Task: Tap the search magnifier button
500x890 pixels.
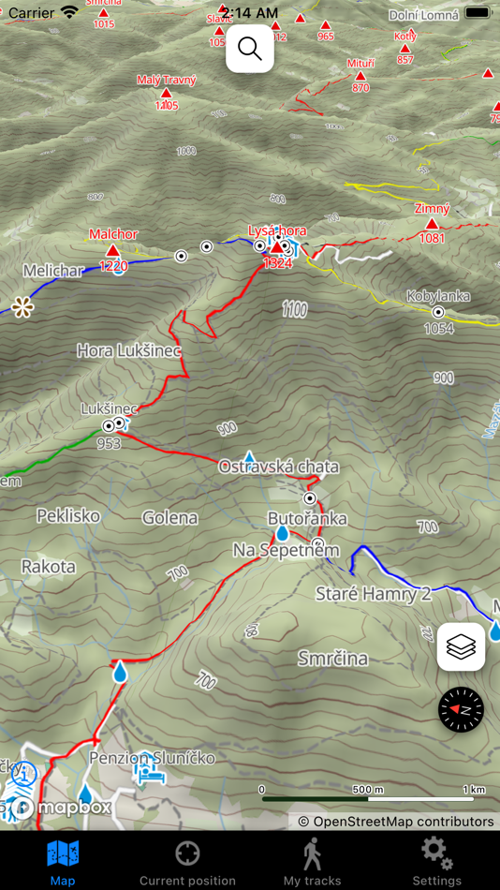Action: click(x=250, y=49)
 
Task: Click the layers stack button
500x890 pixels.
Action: click(x=461, y=646)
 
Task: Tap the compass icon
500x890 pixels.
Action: click(x=461, y=710)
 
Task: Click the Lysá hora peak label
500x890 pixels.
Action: click(x=277, y=230)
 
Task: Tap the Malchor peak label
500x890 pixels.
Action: click(x=113, y=234)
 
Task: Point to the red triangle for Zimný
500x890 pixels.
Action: click(x=432, y=225)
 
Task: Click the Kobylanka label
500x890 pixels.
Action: click(x=438, y=296)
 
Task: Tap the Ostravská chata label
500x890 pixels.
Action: click(x=278, y=467)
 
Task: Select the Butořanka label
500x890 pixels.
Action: click(x=307, y=518)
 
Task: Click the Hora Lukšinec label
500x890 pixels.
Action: click(x=128, y=350)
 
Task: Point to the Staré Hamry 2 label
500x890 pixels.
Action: click(x=373, y=593)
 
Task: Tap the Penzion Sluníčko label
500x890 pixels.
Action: click(x=152, y=757)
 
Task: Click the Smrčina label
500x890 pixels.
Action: click(x=332, y=659)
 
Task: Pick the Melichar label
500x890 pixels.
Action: click(x=52, y=271)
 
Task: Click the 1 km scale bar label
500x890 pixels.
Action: click(x=474, y=790)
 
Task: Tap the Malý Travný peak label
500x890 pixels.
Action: click(x=167, y=81)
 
